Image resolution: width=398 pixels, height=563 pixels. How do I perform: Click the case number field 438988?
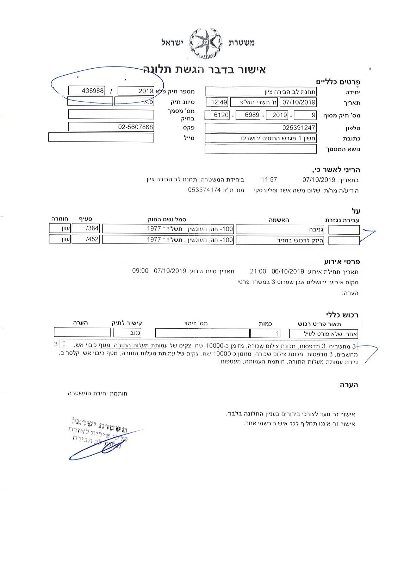[x=87, y=91]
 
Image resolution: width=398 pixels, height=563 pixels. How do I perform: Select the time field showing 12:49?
[x=219, y=102]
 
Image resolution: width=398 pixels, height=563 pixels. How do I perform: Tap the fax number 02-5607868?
[x=111, y=127]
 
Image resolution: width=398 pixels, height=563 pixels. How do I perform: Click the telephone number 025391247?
[x=261, y=127]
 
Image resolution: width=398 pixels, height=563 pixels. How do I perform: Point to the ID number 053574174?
[x=204, y=190]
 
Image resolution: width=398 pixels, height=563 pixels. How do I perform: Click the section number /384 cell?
[x=86, y=228]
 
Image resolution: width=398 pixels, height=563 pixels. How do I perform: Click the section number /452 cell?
[x=86, y=240]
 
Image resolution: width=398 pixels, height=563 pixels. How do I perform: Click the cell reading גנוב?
[x=128, y=333]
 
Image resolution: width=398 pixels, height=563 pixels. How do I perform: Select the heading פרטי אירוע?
[x=342, y=262]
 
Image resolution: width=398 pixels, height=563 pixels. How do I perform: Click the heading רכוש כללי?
[x=342, y=315]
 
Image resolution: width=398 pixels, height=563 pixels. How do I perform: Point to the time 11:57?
[x=269, y=180]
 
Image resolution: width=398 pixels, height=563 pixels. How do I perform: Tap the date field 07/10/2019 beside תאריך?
[x=298, y=102]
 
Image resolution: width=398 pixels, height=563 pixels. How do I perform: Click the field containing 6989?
[x=248, y=115]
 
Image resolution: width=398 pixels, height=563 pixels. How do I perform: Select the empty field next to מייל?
[x=101, y=137]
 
